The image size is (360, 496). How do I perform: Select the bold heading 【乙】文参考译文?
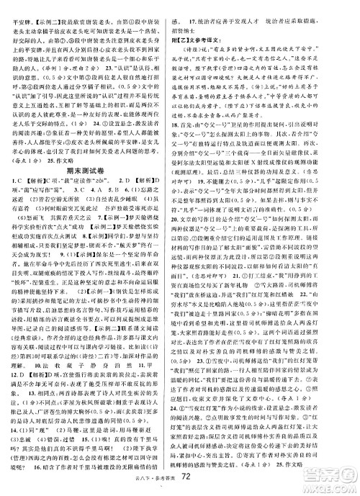pyautogui.click(x=214, y=37)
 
